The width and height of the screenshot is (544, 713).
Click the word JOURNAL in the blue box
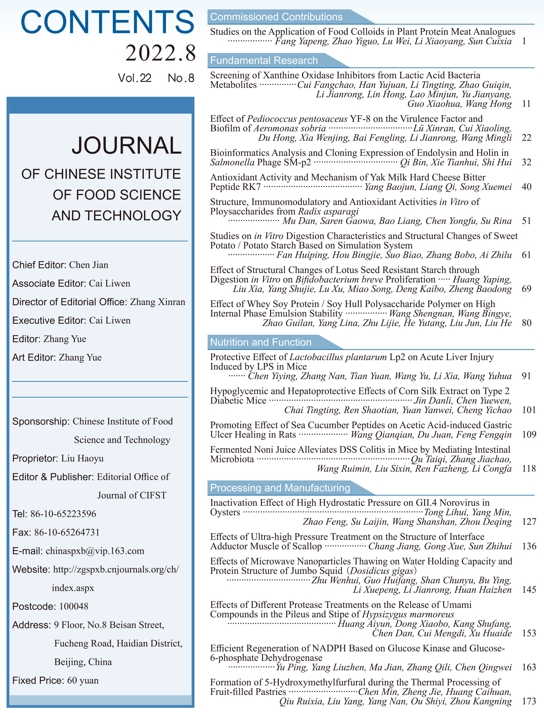click(x=126, y=145)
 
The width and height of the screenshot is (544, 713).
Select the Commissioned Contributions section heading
click(x=276, y=17)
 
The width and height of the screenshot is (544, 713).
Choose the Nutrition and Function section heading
click(x=261, y=342)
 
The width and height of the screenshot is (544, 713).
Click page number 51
click(x=526, y=221)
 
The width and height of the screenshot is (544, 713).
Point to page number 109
click(x=529, y=435)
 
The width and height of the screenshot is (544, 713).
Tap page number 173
click(x=529, y=701)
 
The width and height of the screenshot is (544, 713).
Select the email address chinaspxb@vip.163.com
click(x=95, y=551)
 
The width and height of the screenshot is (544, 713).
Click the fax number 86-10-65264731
click(x=67, y=532)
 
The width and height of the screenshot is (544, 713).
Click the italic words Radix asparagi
click(x=328, y=211)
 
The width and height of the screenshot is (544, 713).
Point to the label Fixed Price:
click(x=38, y=680)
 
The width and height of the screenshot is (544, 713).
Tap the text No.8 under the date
click(x=181, y=78)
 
